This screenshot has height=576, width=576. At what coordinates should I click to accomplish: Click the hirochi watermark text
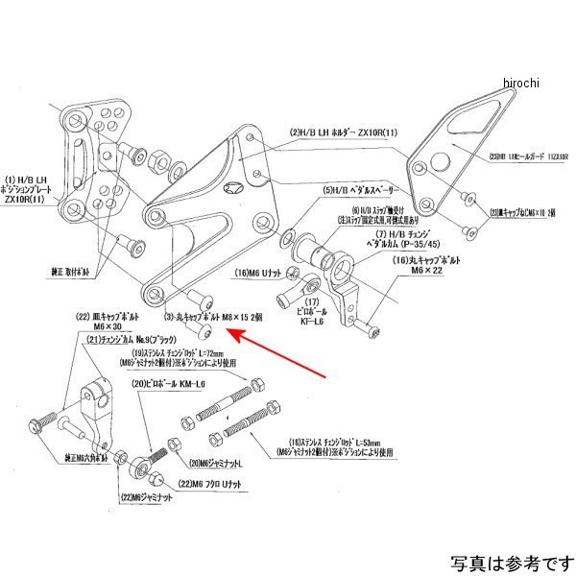pyautogui.click(x=522, y=84)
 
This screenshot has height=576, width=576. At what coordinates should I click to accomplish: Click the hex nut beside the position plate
pyautogui.click(x=133, y=155)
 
